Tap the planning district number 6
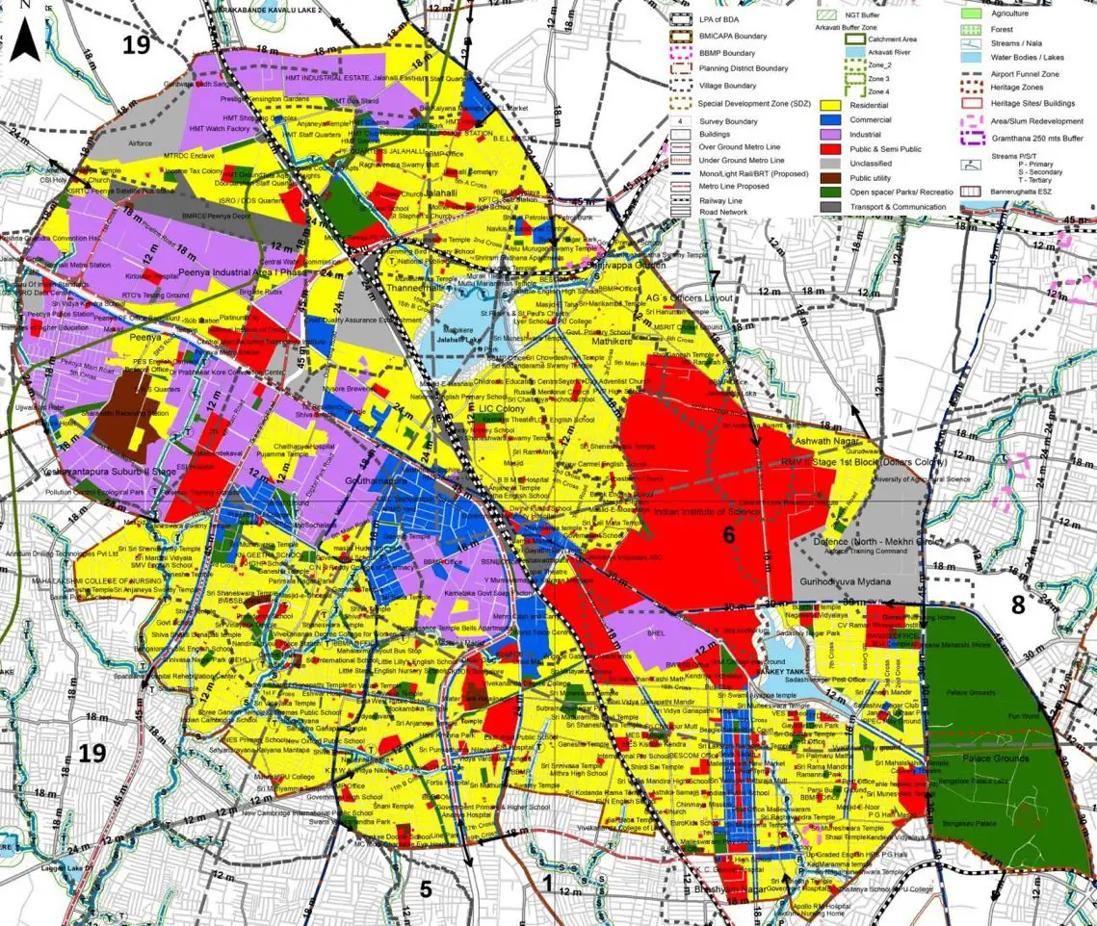(729, 535)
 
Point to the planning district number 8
(1018, 604)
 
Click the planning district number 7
(714, 279)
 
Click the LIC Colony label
(500, 409)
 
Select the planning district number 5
(426, 889)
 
